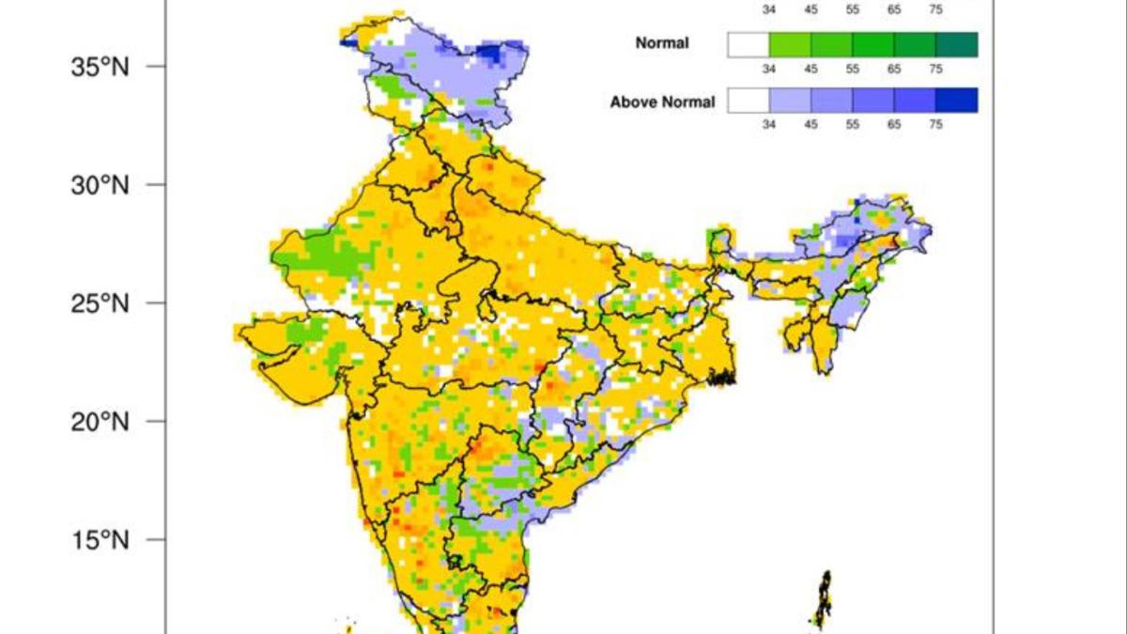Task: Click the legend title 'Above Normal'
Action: point(662,101)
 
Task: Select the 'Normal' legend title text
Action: point(662,43)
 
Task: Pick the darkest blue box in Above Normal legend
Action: point(956,101)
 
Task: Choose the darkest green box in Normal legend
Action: point(956,44)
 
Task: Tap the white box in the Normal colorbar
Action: point(749,44)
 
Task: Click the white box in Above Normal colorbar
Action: point(749,101)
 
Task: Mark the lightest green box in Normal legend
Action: point(790,44)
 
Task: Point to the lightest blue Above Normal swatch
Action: point(790,101)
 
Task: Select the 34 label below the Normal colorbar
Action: point(768,69)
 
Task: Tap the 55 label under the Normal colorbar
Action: point(852,69)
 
